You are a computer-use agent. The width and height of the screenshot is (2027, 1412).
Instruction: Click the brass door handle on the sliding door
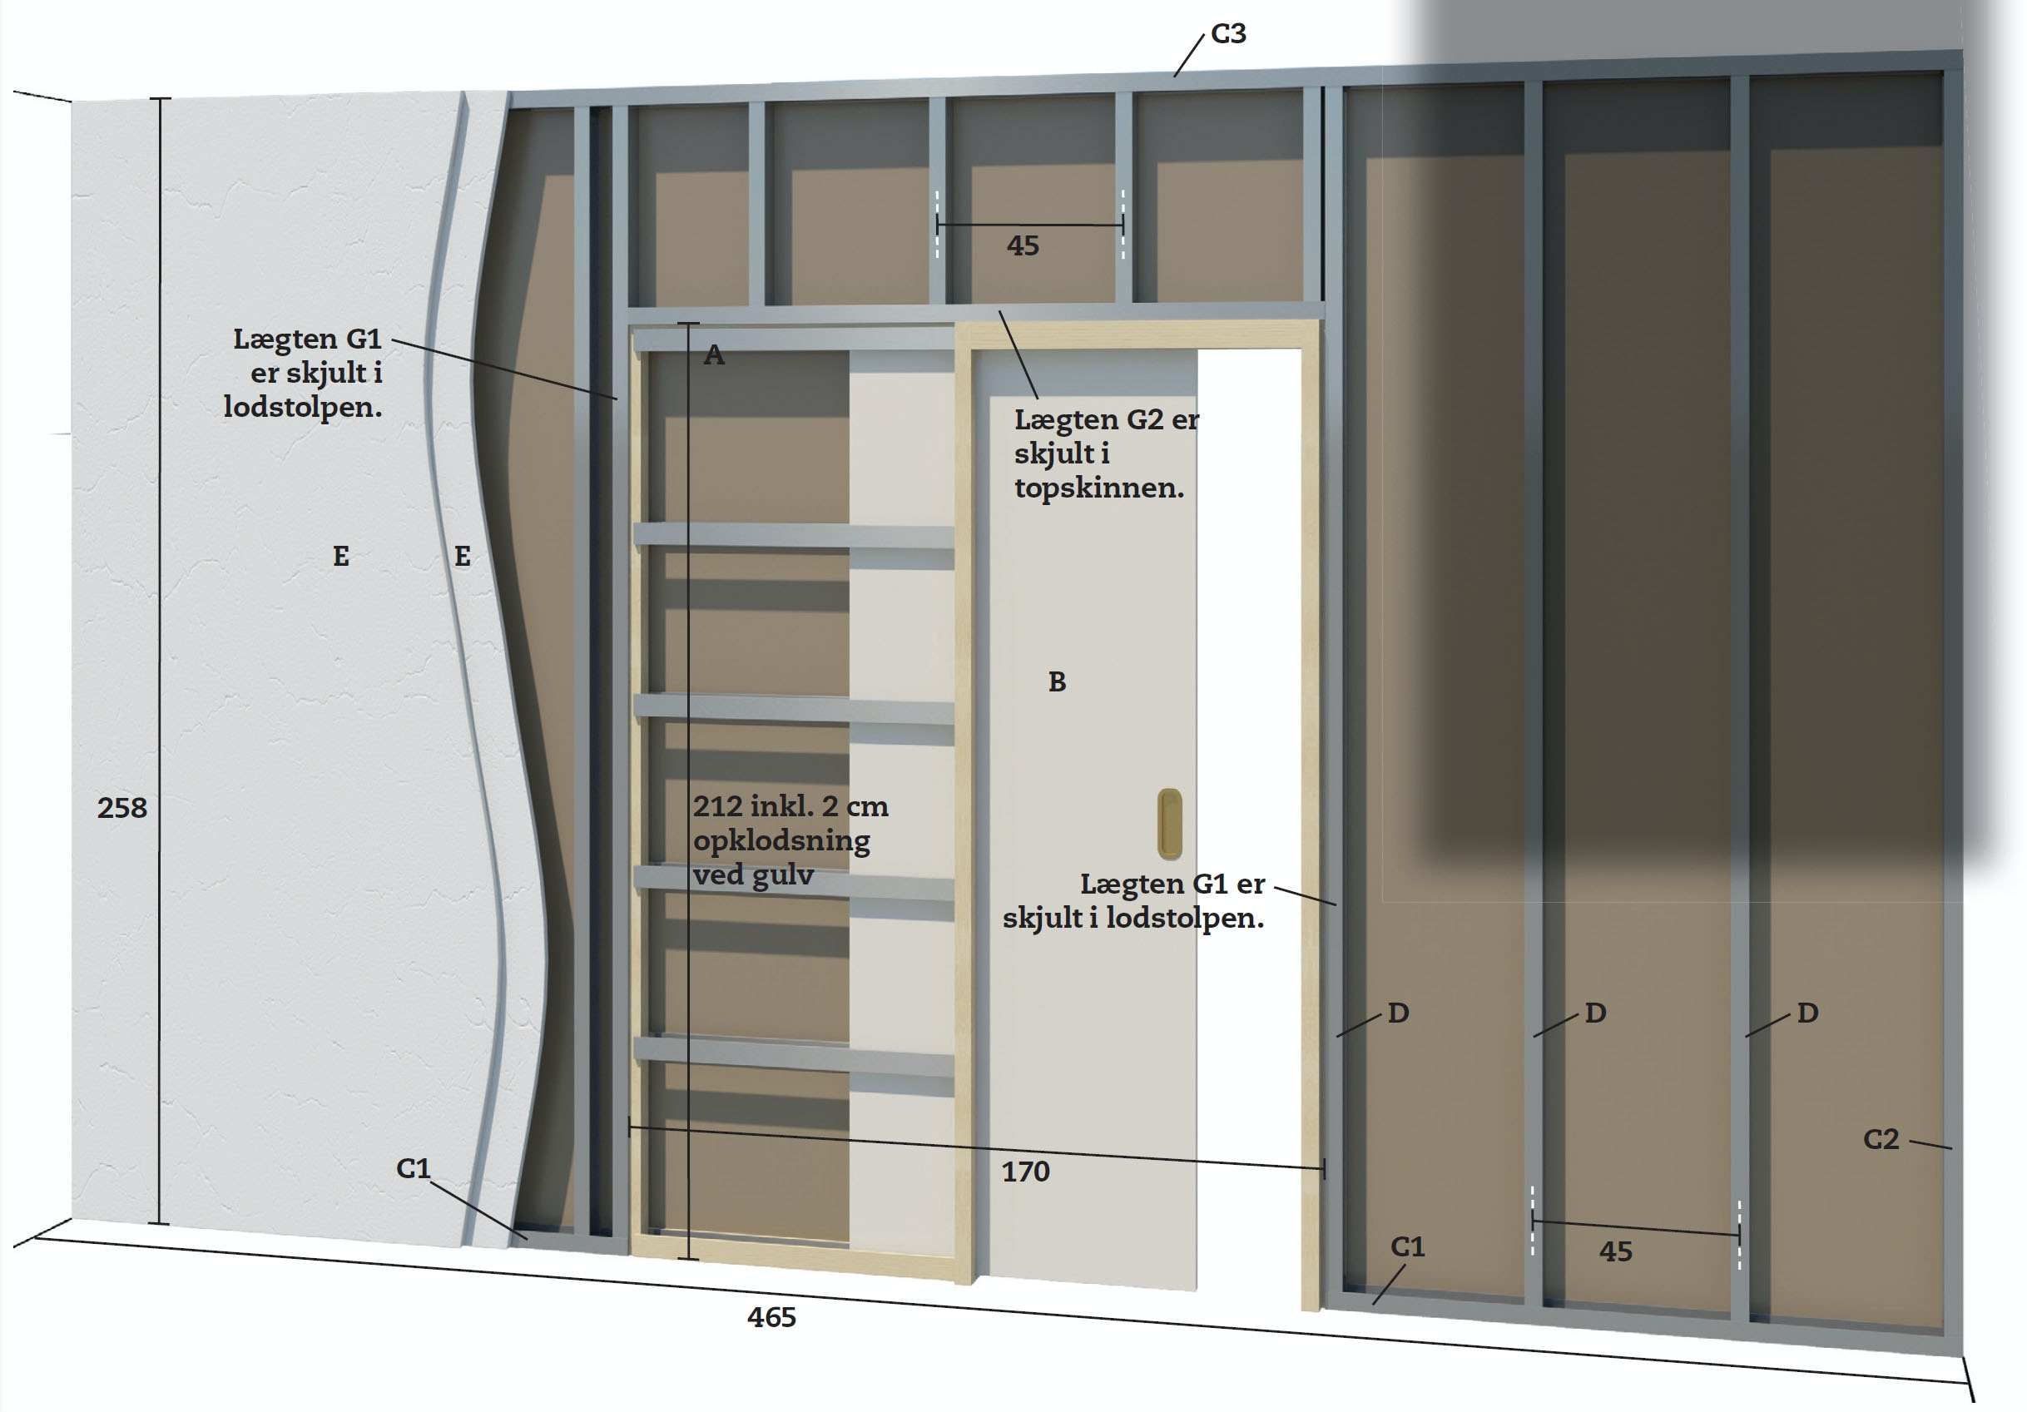click(x=1170, y=824)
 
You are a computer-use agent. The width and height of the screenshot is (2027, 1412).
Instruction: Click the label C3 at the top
click(x=1228, y=33)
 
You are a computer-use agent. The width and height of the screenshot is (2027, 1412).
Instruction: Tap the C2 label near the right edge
click(x=1881, y=1139)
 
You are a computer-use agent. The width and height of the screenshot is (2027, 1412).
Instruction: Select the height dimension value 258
click(x=121, y=808)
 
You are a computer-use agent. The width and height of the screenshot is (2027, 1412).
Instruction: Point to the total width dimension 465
click(x=771, y=1317)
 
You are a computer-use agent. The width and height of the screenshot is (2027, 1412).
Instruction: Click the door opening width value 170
click(x=1025, y=1172)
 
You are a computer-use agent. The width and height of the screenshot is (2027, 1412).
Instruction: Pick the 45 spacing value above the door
click(x=1023, y=245)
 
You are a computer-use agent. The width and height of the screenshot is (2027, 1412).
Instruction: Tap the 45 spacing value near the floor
click(x=1616, y=1251)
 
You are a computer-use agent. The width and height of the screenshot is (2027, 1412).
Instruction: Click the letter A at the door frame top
click(x=714, y=355)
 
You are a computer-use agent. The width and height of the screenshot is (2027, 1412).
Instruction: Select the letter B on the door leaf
click(x=1057, y=681)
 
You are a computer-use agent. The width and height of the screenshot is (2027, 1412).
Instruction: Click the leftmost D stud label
click(x=1398, y=1013)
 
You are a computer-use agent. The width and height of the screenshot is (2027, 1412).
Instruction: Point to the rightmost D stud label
click(x=1807, y=1013)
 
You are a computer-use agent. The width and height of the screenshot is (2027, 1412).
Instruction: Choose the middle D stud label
click(x=1594, y=1013)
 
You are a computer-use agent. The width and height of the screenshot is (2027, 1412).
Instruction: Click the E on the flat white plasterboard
click(x=341, y=557)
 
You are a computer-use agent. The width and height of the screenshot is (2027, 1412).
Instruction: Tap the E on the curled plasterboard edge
click(x=462, y=557)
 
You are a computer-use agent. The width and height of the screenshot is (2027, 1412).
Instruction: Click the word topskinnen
click(x=1099, y=488)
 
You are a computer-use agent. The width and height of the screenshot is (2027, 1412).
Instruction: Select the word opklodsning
click(x=781, y=840)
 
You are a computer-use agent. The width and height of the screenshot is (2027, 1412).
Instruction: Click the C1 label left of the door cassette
click(x=412, y=1168)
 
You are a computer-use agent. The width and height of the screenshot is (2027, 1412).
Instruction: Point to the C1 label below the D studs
click(x=1407, y=1247)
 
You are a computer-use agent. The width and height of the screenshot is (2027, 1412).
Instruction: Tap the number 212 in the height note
click(x=718, y=806)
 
